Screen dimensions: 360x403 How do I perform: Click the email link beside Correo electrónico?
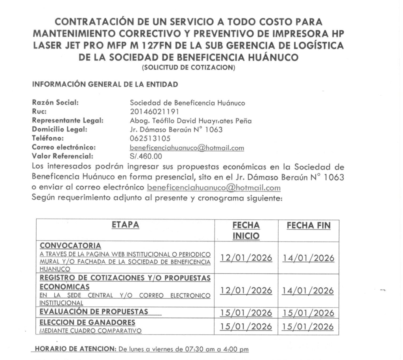pos(187,148)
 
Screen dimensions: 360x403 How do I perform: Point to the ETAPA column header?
pos(125,225)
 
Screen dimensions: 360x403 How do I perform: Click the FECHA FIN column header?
pos(309,226)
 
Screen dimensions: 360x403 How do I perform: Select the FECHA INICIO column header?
pos(246,231)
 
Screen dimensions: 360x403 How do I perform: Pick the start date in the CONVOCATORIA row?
pos(246,258)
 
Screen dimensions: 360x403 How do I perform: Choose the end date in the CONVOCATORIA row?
pos(309,258)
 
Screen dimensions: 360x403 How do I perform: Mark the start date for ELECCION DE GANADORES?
pos(246,327)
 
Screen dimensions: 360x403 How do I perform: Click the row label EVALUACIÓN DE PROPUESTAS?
pos(94,312)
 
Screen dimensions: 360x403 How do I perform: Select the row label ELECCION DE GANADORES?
pos(87,322)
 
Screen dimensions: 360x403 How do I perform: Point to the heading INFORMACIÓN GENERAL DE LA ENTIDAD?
pos(105,84)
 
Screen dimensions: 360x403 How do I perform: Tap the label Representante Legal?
pos(68,121)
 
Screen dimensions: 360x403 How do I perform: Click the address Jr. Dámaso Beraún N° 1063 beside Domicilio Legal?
pos(172,130)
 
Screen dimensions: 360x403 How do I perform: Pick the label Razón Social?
pos(56,103)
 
